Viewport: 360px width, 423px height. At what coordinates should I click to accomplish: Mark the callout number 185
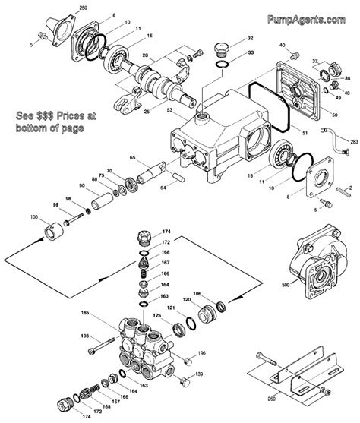85,313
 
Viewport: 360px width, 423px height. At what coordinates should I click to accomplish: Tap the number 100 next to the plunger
33,218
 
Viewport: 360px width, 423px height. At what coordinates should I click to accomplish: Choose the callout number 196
201,354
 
